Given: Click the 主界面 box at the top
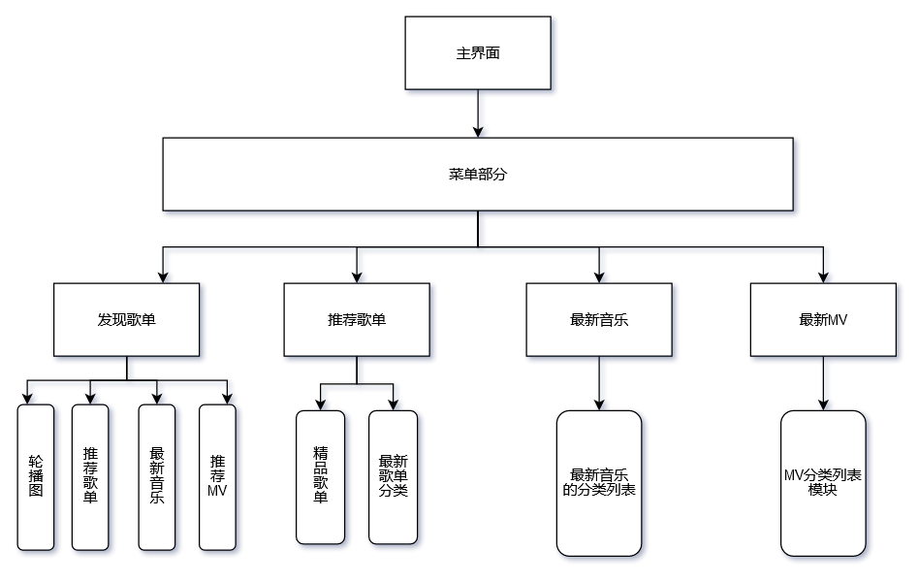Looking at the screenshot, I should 478,53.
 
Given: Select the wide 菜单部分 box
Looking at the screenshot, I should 478,175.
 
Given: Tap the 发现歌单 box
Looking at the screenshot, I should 127,319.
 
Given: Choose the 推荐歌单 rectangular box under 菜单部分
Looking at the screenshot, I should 357,319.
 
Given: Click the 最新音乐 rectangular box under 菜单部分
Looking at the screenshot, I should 599,319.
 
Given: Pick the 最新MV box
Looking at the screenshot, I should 823,319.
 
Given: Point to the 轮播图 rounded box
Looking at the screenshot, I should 36,476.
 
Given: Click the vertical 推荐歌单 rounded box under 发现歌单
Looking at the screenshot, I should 90,476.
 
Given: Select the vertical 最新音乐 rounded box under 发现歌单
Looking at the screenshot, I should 157,476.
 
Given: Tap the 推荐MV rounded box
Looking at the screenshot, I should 217,476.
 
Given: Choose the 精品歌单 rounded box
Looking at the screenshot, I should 321,476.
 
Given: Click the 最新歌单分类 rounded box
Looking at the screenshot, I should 394,476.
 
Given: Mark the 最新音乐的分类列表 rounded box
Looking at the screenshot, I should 599,482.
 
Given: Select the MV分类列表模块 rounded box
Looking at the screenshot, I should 823,482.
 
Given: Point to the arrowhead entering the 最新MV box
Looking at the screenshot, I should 823,276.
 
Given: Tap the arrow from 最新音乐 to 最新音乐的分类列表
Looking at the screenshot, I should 599,382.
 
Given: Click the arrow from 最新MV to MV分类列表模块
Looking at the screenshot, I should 823,382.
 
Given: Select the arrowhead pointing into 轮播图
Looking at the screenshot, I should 28,398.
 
